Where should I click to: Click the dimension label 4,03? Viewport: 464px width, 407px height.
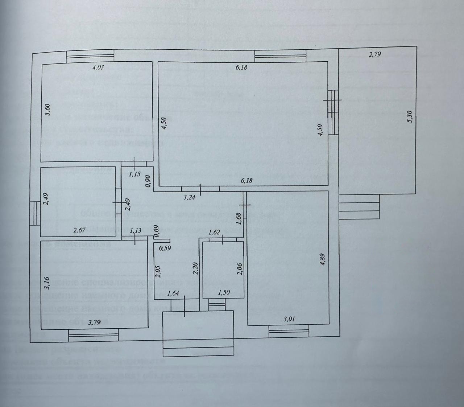click(98, 67)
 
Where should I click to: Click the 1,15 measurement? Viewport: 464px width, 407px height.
click(134, 174)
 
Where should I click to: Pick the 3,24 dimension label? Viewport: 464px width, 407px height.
click(190, 198)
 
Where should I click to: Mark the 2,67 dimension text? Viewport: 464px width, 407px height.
click(80, 230)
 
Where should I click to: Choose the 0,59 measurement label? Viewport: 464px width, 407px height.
click(165, 248)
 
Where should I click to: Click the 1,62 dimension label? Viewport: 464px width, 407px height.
click(215, 233)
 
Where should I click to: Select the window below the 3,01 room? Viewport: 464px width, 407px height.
click(289, 330)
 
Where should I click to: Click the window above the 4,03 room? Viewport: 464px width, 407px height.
click(90, 57)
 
